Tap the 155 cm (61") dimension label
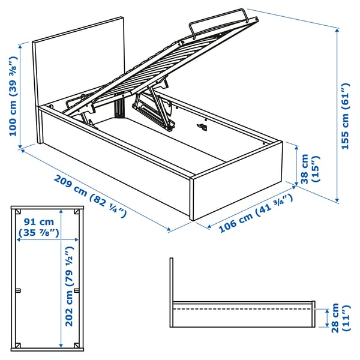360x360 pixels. [344, 117]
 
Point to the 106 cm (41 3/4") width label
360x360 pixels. [255, 213]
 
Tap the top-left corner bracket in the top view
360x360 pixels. [19, 212]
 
